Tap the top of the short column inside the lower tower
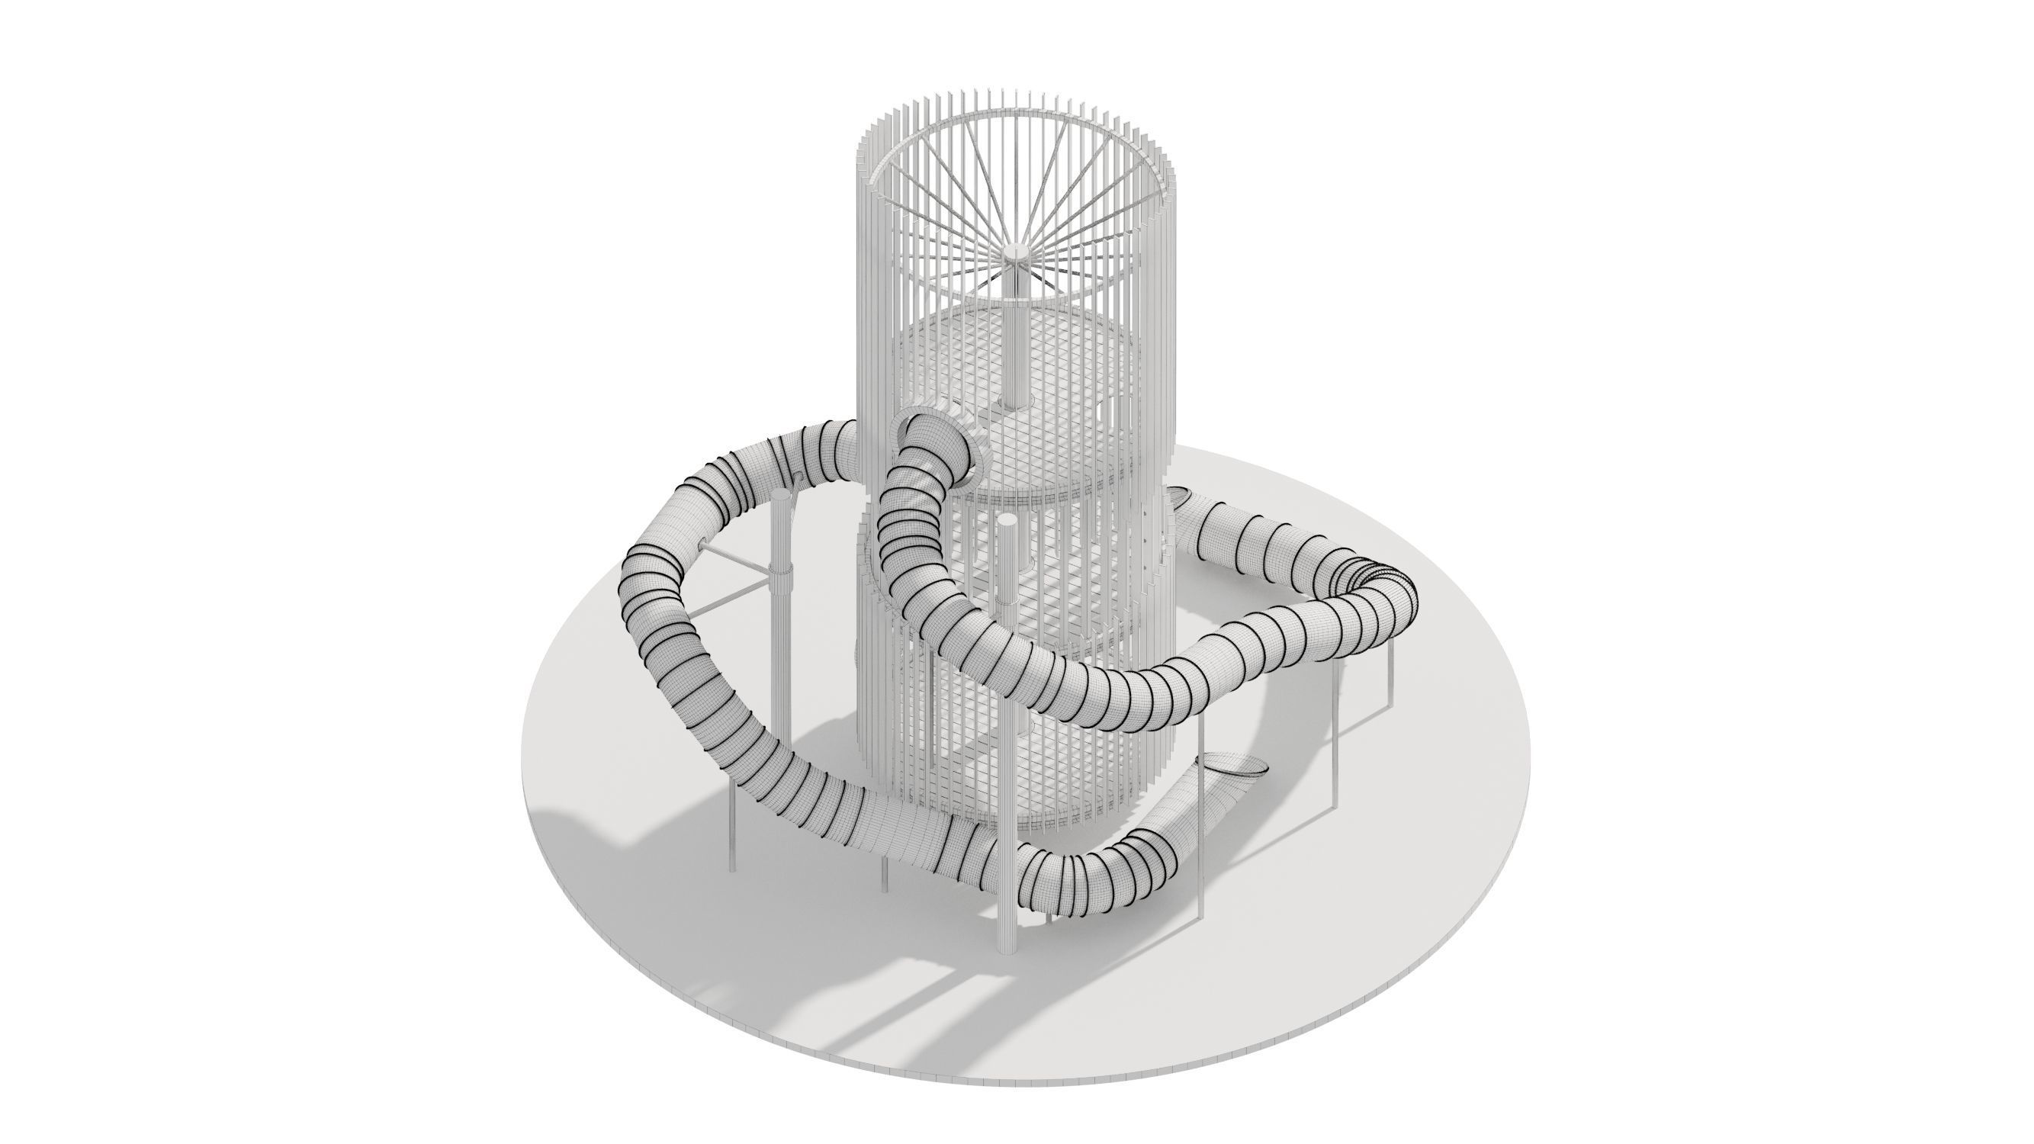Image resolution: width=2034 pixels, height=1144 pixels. [x=1007, y=522]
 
